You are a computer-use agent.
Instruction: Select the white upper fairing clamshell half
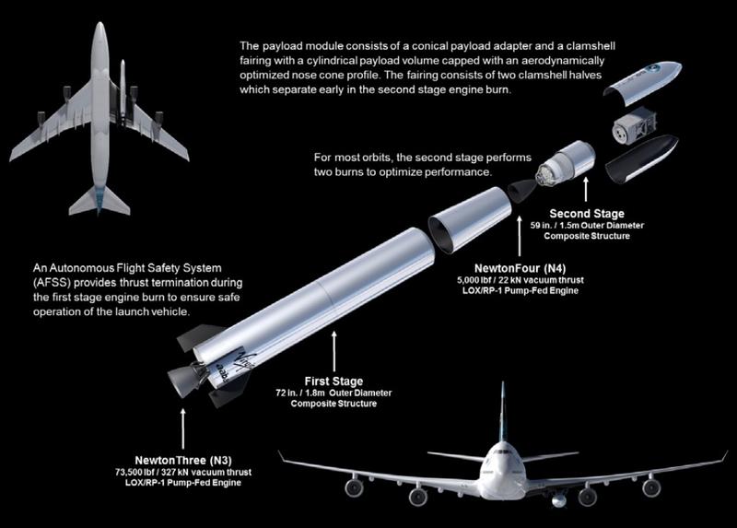click(x=646, y=81)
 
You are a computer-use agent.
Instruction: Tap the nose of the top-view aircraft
click(x=99, y=29)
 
